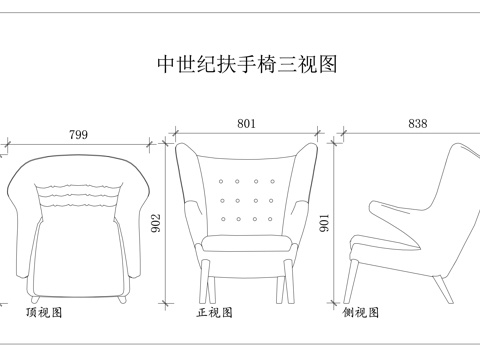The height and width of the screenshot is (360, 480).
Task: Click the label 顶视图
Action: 44,313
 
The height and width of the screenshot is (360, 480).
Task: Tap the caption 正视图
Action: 215,313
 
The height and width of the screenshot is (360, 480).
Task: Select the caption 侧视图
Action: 361,313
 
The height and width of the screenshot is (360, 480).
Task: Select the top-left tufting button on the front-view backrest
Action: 224,183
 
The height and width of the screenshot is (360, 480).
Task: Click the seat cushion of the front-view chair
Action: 247,244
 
